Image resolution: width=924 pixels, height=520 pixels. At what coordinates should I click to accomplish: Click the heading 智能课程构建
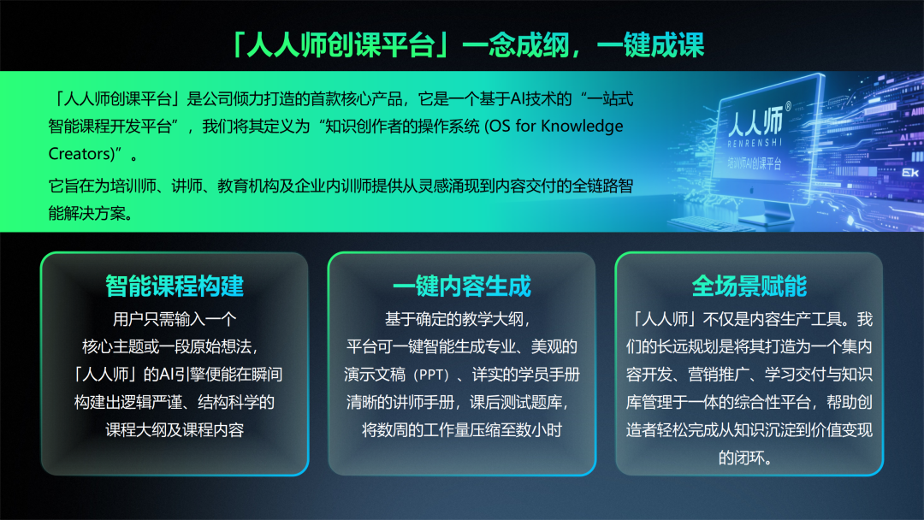[175, 286]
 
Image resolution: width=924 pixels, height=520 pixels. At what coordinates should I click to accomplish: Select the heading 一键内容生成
[462, 286]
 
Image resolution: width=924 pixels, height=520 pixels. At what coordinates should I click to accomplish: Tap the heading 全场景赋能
[749, 286]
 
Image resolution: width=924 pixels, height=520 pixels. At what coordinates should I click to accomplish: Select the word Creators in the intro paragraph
[80, 155]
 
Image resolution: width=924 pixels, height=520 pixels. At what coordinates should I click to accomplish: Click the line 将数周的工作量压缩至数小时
[462, 430]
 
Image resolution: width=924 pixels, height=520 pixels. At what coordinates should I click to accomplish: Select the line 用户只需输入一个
[175, 320]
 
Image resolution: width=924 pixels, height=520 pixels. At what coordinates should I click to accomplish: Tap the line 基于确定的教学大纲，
[462, 320]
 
